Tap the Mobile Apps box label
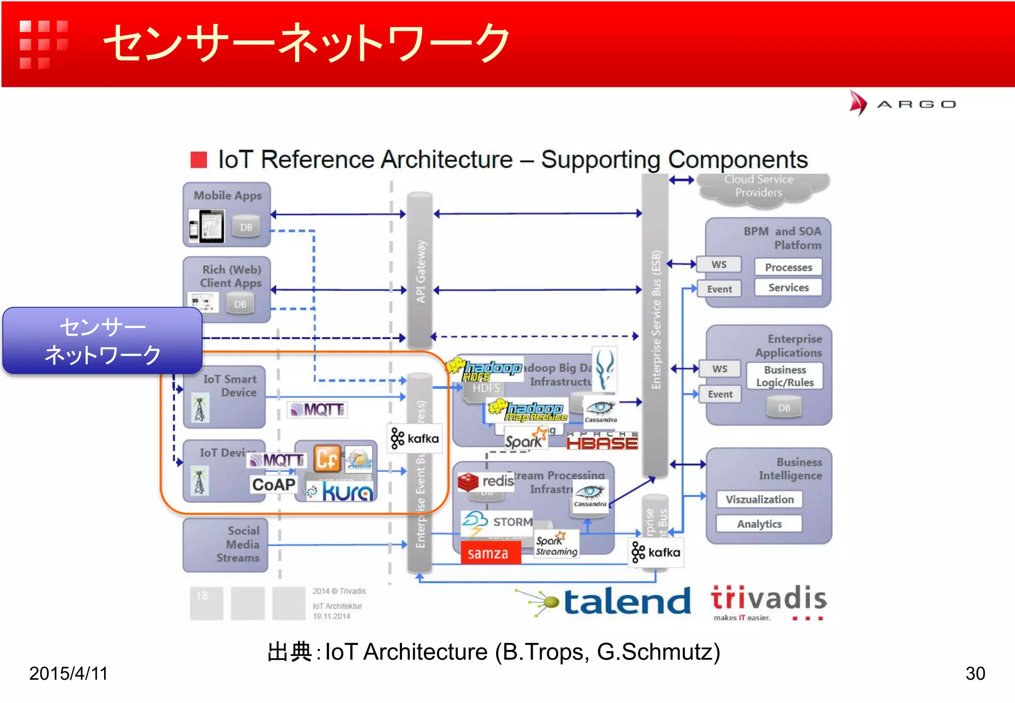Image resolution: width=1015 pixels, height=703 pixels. click(227, 195)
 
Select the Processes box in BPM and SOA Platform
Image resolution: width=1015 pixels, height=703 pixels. click(788, 267)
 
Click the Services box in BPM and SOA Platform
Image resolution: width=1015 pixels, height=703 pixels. click(788, 288)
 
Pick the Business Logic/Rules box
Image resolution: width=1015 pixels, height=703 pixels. click(785, 376)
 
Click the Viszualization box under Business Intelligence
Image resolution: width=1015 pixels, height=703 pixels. click(759, 499)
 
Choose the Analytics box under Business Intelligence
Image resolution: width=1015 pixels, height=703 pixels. click(759, 524)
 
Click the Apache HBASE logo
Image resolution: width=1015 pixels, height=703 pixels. click(602, 441)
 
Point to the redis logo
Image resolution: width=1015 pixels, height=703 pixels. click(486, 481)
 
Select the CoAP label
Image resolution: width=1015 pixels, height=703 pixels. click(274, 484)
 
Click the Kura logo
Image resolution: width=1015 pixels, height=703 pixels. click(341, 492)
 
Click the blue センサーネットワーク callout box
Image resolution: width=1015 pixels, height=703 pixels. click(103, 341)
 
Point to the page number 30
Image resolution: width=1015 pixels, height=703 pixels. click(975, 673)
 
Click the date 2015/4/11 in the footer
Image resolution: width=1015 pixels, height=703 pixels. click(68, 673)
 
